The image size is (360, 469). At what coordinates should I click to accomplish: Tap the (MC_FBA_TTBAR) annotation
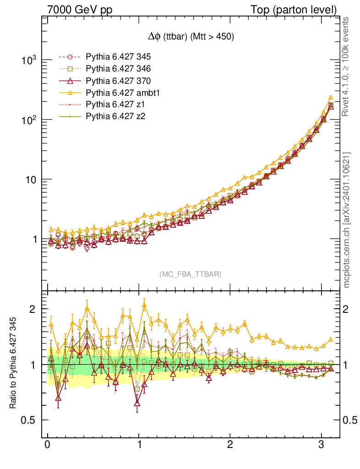[x=191, y=274]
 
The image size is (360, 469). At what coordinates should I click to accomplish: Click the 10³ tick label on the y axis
[x=30, y=60]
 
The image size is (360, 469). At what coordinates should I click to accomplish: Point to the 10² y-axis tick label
[x=30, y=120]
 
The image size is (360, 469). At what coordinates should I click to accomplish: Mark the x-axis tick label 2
[x=230, y=445]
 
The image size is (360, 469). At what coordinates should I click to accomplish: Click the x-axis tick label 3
[x=322, y=445]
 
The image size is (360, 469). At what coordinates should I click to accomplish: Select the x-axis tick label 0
[x=48, y=445]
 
